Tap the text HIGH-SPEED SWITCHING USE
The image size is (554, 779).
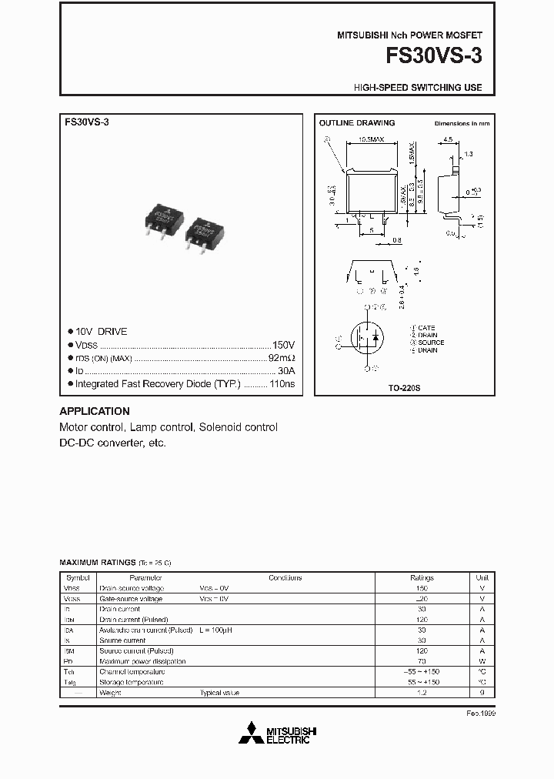(418, 88)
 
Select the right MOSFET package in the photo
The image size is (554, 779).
(203, 230)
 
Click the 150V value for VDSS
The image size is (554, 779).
(283, 345)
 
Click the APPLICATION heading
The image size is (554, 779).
(95, 411)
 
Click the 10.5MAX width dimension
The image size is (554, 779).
(372, 141)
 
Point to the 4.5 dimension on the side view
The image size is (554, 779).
(447, 141)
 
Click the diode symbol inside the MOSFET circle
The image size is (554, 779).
(376, 337)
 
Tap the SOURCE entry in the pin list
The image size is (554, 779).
(430, 343)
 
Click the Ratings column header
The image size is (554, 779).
(422, 577)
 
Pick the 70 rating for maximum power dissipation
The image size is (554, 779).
(422, 661)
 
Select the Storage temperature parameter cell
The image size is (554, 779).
(132, 682)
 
